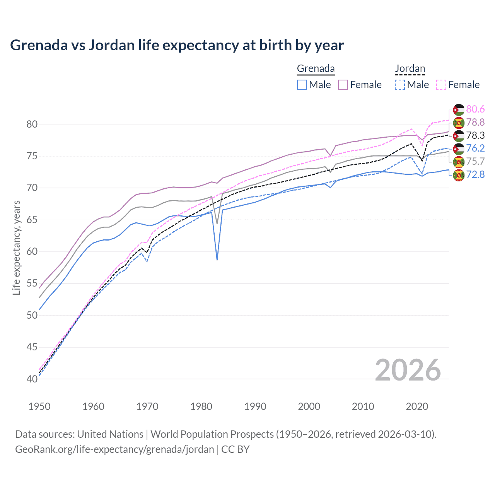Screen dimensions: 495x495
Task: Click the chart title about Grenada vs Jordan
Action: pyautogui.click(x=177, y=45)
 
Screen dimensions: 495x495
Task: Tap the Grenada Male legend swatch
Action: pyautogui.click(x=302, y=85)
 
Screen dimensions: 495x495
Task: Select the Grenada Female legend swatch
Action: pyautogui.click(x=343, y=85)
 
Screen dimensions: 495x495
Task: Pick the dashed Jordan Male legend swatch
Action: pyautogui.click(x=400, y=85)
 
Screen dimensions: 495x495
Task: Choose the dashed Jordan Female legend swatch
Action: pyautogui.click(x=441, y=85)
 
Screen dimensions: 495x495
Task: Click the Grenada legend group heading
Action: pyautogui.click(x=316, y=69)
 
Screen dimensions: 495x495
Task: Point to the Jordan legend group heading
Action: pyautogui.click(x=410, y=69)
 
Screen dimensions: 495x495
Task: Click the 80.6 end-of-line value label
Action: pyautogui.click(x=475, y=109)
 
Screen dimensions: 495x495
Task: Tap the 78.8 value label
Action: pyautogui.click(x=475, y=123)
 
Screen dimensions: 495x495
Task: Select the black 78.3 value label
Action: pyautogui.click(x=475, y=135)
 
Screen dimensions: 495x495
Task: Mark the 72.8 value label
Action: pyautogui.click(x=475, y=175)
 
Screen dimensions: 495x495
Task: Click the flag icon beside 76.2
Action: pyautogui.click(x=459, y=148)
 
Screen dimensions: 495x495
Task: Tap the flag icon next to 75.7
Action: pyautogui.click(x=459, y=162)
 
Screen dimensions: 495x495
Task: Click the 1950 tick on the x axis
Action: pyautogui.click(x=39, y=406)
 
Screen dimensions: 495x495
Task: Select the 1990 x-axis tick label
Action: pyautogui.click(x=255, y=406)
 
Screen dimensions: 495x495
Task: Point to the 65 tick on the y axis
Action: pyautogui.click(x=32, y=220)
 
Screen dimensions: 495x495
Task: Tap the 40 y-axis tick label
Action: pyautogui.click(x=32, y=379)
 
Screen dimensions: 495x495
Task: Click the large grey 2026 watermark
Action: pyautogui.click(x=408, y=370)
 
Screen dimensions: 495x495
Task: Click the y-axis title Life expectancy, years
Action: pyautogui.click(x=17, y=247)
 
